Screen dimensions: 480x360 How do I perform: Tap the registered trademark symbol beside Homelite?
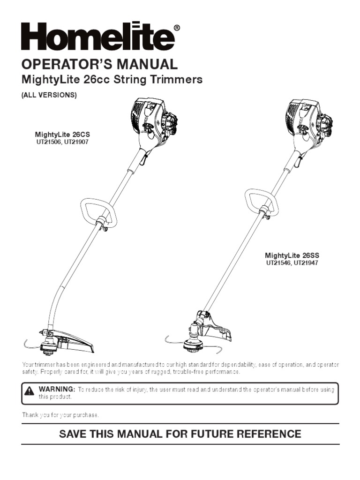(x=176, y=28)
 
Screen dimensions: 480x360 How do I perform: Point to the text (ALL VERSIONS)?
(x=49, y=95)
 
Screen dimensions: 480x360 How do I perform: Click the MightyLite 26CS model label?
(x=59, y=135)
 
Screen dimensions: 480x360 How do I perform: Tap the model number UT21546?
(x=279, y=262)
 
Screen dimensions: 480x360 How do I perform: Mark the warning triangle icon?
(x=30, y=390)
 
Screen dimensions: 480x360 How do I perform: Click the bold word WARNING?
(x=57, y=390)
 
